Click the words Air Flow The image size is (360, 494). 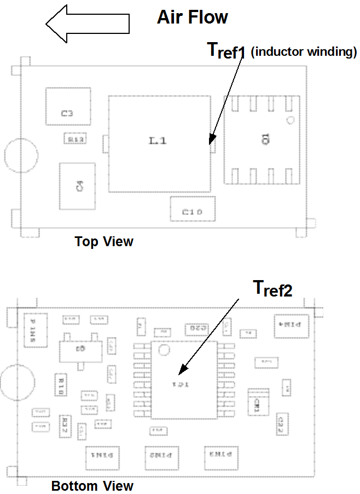click(192, 17)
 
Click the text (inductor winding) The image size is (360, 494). click(304, 53)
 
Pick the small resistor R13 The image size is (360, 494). click(76, 140)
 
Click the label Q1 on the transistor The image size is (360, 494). click(265, 140)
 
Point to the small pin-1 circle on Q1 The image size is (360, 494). click(291, 120)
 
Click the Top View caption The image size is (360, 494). click(104, 241)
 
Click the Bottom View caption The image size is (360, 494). click(92, 485)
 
